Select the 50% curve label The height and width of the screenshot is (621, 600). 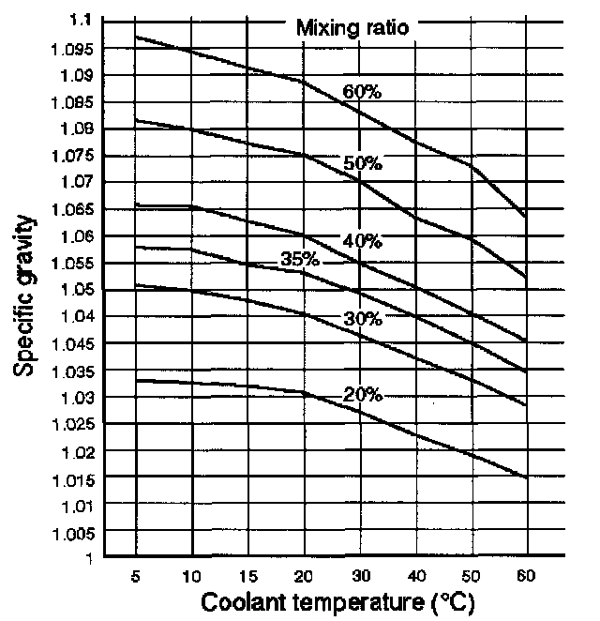(362, 164)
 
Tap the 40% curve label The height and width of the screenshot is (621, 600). (361, 241)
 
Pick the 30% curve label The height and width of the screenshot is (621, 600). (362, 319)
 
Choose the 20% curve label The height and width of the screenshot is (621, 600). (362, 395)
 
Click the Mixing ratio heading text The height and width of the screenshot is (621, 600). (352, 27)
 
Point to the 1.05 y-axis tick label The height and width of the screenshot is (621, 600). (76, 289)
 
